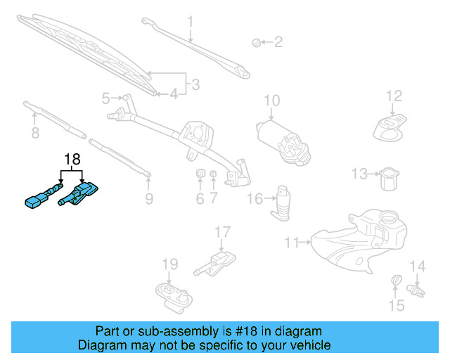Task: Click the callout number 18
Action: click(x=72, y=159)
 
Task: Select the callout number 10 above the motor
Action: click(x=272, y=100)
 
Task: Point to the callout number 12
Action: click(x=394, y=96)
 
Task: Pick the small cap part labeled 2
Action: click(x=256, y=44)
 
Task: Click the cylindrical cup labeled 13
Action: click(x=389, y=179)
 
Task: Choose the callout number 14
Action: click(x=418, y=266)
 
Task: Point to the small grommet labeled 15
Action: click(x=395, y=283)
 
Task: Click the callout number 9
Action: click(x=148, y=199)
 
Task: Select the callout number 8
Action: click(x=34, y=133)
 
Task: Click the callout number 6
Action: click(x=200, y=199)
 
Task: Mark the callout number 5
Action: click(x=106, y=98)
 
